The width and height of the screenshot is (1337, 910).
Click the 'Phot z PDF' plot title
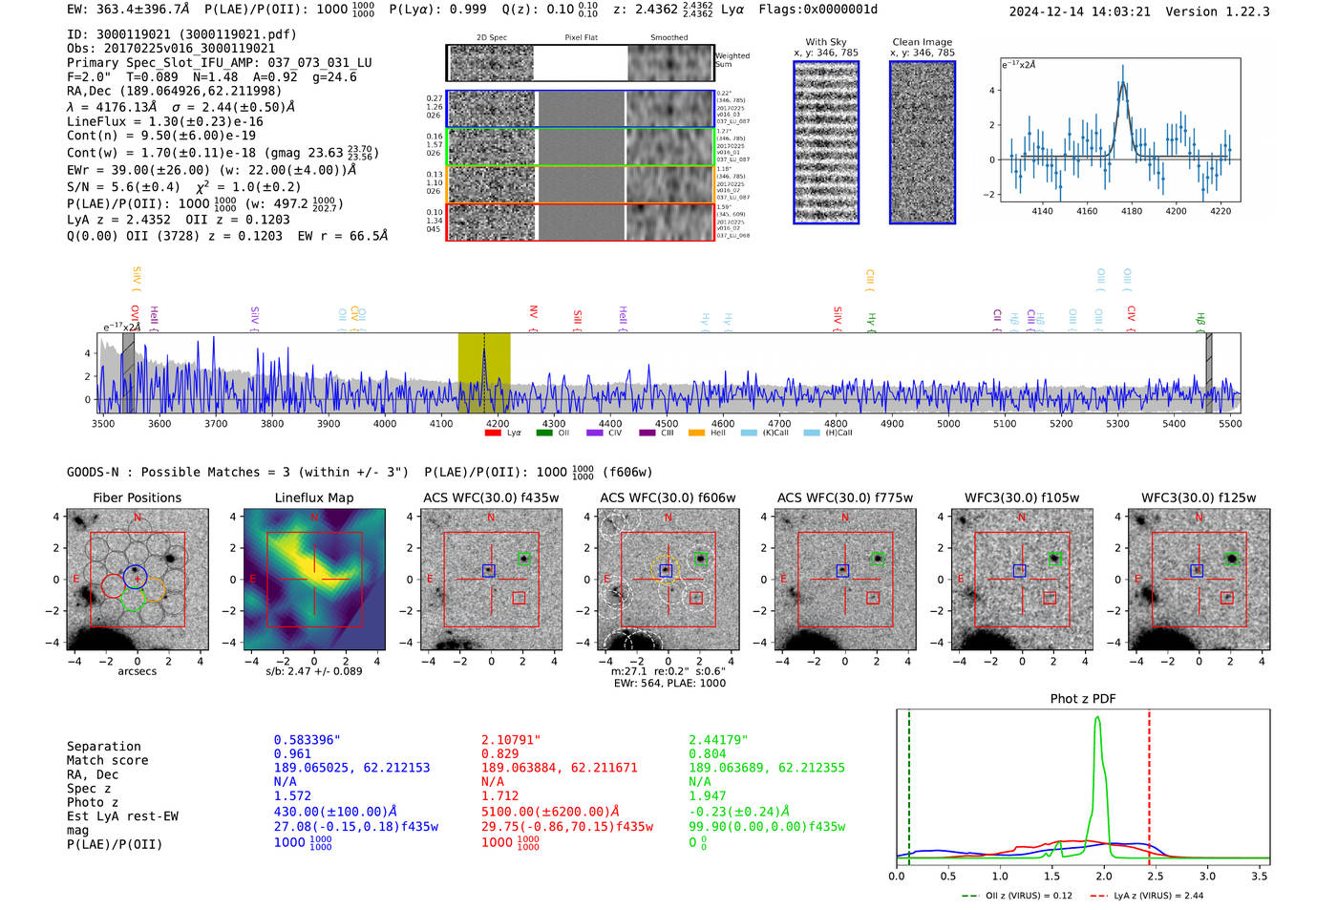pos(1082,698)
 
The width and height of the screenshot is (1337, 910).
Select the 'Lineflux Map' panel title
pos(313,497)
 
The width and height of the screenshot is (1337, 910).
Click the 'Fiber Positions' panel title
pos(137,497)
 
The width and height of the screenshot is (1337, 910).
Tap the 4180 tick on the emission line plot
pos(1131,211)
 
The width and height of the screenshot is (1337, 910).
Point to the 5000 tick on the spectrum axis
pos(948,423)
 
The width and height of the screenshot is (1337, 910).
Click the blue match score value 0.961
pos(292,753)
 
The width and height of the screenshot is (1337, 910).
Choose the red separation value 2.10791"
pos(511,739)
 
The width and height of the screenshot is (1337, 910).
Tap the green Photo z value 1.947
pos(707,795)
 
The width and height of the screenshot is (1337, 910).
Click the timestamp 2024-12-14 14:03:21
pos(1079,11)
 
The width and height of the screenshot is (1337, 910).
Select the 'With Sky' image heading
pos(825,42)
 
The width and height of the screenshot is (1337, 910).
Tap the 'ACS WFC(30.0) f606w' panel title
pos(668,497)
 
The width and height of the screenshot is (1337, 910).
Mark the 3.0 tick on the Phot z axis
pos(1207,875)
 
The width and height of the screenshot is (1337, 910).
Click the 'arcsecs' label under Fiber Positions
pos(137,671)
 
